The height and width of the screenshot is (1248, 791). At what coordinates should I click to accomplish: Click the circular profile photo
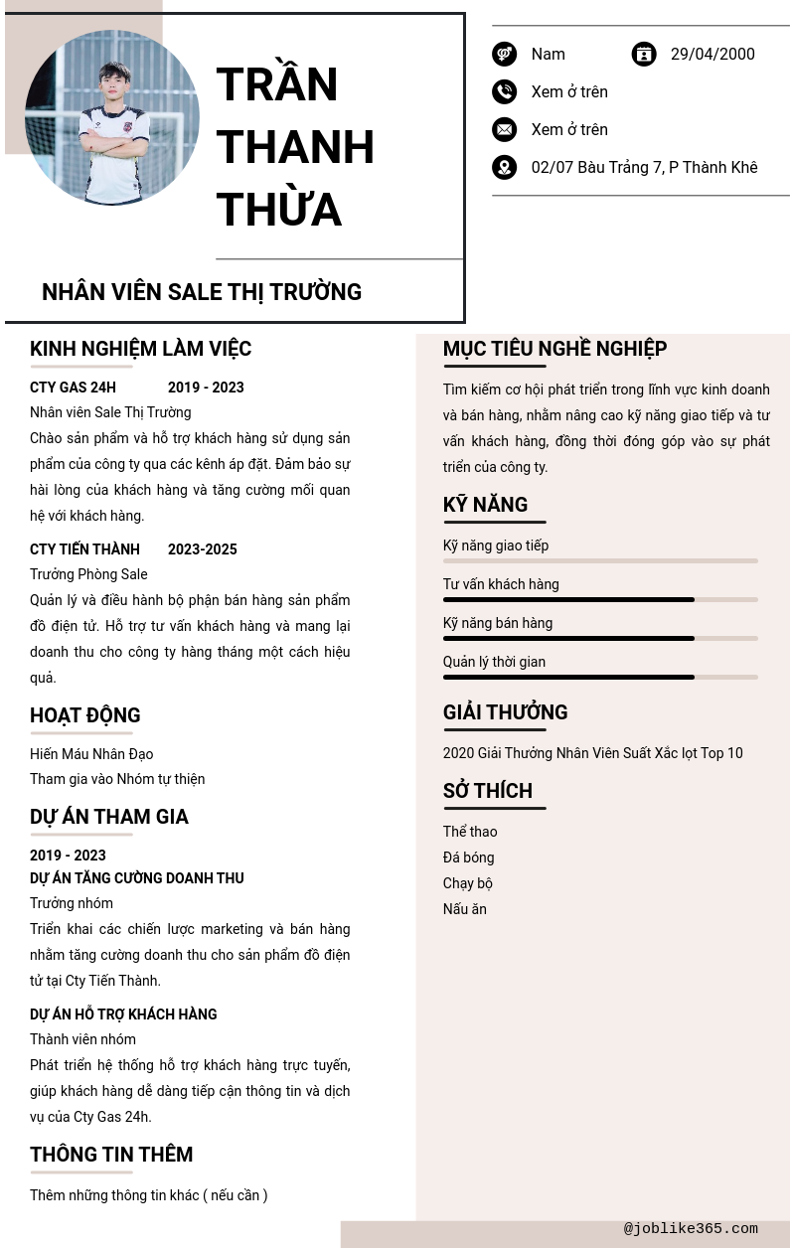click(x=112, y=117)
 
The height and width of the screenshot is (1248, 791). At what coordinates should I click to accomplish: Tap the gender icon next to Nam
click(x=505, y=54)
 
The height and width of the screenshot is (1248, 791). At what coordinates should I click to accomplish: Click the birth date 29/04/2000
click(x=712, y=54)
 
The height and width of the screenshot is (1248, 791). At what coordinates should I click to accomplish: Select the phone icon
click(x=505, y=91)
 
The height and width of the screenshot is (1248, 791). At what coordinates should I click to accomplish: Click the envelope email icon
click(x=505, y=129)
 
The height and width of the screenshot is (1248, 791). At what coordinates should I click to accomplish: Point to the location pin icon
click(x=505, y=167)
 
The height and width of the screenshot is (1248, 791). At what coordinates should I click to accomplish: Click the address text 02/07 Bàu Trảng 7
click(x=644, y=167)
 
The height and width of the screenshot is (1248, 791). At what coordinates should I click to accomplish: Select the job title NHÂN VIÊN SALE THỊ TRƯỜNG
click(x=202, y=292)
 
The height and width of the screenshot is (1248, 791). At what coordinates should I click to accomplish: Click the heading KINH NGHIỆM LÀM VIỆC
click(x=140, y=349)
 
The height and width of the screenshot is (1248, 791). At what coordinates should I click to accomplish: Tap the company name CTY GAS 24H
click(x=73, y=388)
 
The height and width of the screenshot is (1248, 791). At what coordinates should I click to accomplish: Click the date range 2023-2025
click(x=203, y=549)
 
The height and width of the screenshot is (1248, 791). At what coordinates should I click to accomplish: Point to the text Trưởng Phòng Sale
click(x=88, y=574)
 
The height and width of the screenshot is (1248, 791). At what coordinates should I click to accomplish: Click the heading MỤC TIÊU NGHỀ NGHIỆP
click(x=554, y=349)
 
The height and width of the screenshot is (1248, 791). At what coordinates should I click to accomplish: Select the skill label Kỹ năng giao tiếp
click(x=496, y=546)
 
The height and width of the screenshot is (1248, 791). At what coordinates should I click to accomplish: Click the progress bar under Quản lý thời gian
click(x=600, y=677)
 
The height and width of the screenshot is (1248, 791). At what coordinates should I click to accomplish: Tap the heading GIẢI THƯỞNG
click(x=505, y=712)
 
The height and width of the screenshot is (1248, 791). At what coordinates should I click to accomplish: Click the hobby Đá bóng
click(x=468, y=858)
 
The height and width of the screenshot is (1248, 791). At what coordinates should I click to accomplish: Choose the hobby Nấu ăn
click(x=464, y=909)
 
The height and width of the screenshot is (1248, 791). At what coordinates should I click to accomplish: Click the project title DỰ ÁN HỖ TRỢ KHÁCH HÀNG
click(x=123, y=1014)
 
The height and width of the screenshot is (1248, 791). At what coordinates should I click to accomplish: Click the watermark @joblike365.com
click(x=691, y=1229)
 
